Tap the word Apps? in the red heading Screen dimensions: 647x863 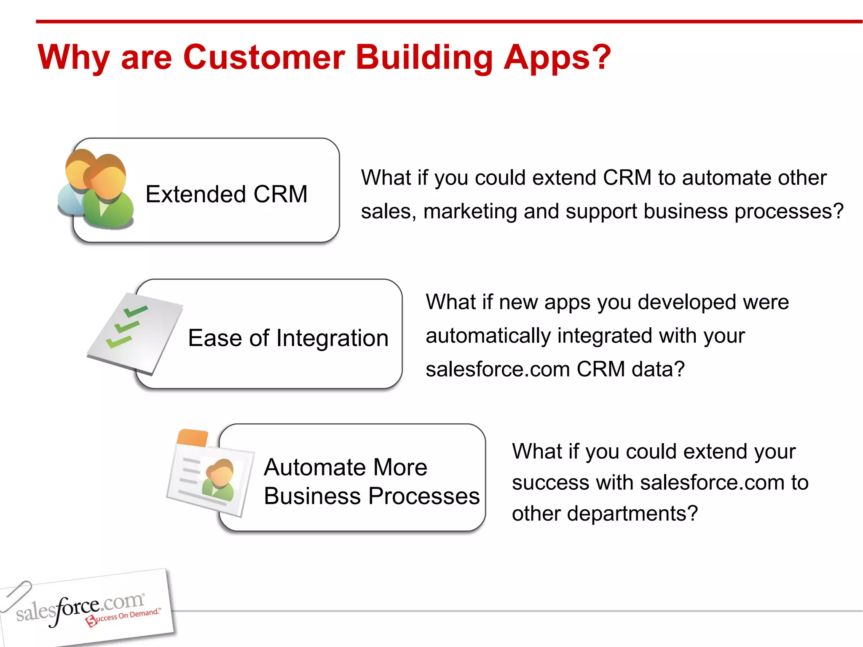557,58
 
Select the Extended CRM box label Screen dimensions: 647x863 226,194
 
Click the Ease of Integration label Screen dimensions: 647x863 288,338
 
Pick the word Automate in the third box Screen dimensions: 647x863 315,467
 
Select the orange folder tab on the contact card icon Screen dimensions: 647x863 193,438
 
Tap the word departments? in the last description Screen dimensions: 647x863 632,513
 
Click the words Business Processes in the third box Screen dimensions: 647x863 371,496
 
